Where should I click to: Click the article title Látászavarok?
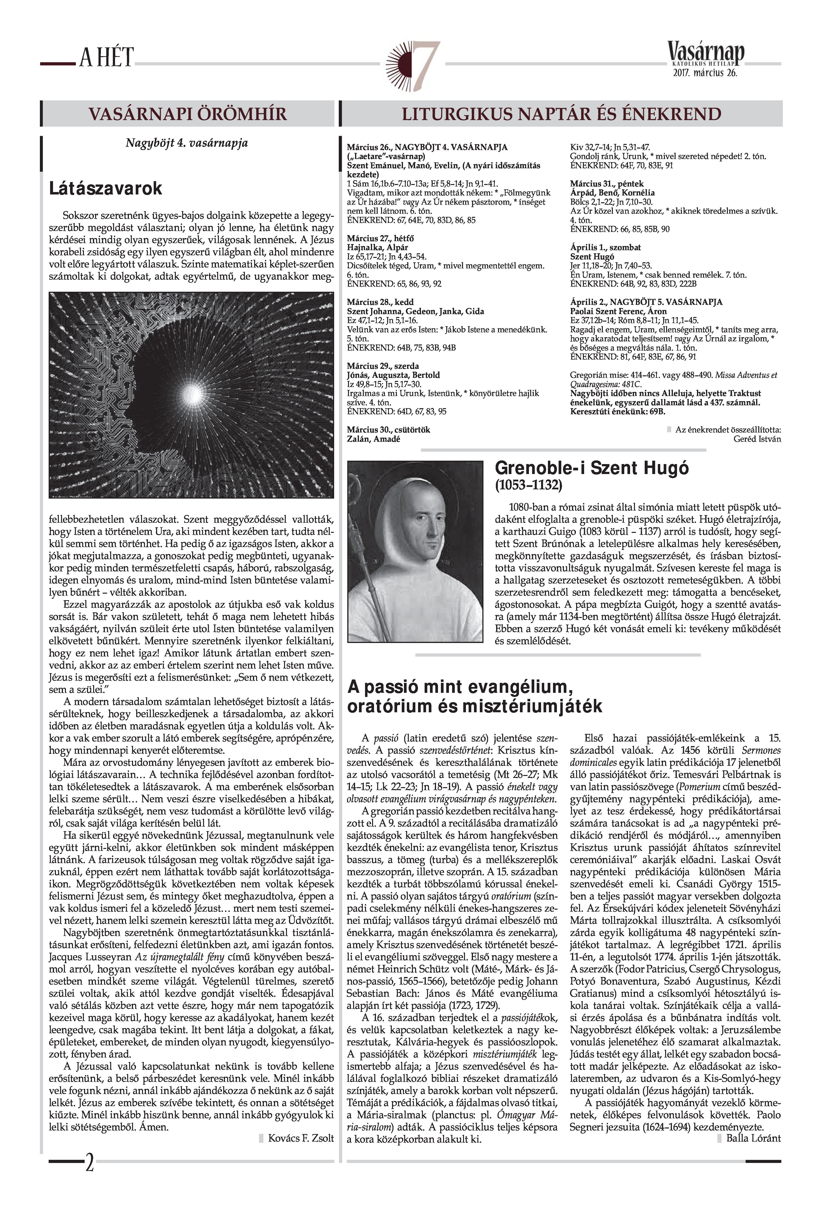106,188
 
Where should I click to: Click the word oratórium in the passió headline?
395,706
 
